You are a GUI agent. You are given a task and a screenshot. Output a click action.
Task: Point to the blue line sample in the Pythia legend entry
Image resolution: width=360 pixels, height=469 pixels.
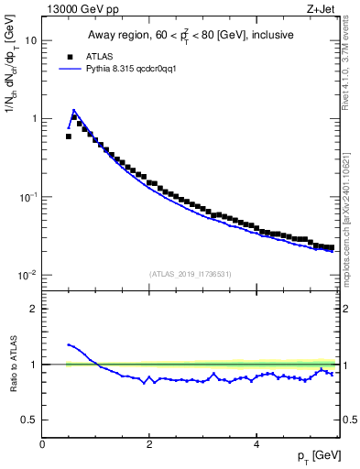(x=69, y=69)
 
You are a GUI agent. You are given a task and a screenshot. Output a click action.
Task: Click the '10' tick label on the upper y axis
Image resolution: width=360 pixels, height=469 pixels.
(x=31, y=40)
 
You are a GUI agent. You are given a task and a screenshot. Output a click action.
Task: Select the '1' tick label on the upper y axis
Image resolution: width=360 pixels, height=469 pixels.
(x=34, y=118)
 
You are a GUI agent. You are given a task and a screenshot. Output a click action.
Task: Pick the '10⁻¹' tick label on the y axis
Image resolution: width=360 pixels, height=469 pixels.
(x=28, y=197)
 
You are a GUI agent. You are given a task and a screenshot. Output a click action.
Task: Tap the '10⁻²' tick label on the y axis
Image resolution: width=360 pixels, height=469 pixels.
(x=28, y=275)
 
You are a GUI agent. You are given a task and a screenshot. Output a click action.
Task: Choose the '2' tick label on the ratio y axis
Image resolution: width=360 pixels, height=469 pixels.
(x=34, y=309)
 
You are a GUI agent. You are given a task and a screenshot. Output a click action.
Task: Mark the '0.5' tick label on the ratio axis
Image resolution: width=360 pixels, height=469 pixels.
(x=30, y=420)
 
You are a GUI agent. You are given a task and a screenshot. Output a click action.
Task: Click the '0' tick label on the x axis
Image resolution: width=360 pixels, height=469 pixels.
(x=43, y=444)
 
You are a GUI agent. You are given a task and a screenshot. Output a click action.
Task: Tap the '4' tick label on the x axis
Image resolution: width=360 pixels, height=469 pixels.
(x=256, y=444)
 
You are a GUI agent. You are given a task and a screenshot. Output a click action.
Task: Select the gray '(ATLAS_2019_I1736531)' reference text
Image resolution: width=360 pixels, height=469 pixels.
(x=191, y=273)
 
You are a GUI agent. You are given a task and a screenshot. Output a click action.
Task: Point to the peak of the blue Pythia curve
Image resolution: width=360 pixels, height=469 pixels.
(x=74, y=110)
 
